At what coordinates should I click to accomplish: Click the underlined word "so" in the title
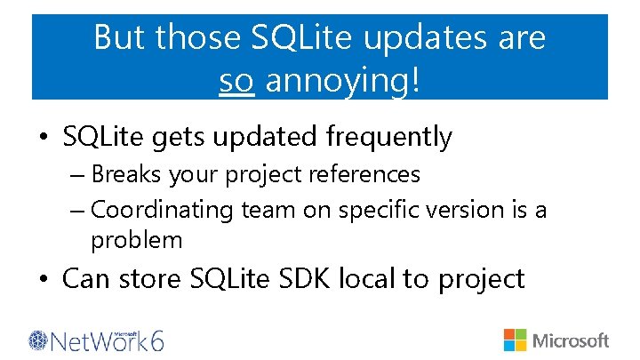coord(237,81)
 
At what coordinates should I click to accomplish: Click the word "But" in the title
coord(119,38)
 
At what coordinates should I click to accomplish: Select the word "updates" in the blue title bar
coord(429,38)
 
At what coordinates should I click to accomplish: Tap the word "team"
coord(262,211)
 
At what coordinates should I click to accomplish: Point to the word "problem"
coord(136,241)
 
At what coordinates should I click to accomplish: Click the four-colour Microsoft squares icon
coord(515,340)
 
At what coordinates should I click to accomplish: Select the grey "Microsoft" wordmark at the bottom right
coord(570,340)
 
